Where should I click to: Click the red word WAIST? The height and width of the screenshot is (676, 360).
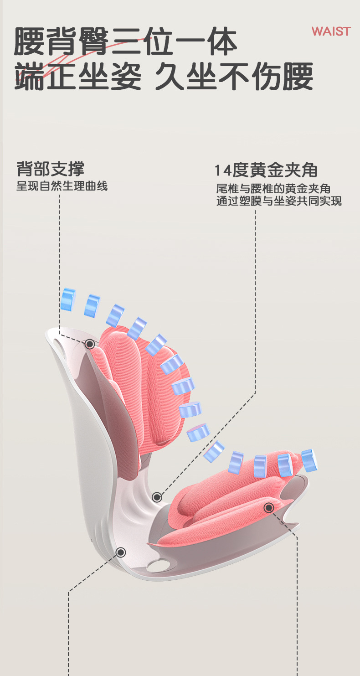(x=331, y=31)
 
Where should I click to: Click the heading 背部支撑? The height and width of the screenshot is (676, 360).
(x=50, y=169)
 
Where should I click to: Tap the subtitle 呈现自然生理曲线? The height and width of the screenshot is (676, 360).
(x=62, y=186)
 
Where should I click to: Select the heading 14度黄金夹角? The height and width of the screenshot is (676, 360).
(x=266, y=170)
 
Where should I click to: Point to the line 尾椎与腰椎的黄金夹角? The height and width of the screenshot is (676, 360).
(x=273, y=189)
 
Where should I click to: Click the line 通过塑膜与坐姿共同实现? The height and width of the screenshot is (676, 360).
(x=279, y=201)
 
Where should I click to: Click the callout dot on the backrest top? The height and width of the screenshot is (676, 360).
(x=90, y=344)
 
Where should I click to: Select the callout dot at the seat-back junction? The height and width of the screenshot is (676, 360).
(x=157, y=497)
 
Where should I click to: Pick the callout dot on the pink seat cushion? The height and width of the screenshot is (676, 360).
(x=268, y=507)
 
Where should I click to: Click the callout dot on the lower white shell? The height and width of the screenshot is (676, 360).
(x=121, y=552)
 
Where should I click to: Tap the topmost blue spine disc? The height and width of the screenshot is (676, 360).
(x=68, y=299)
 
